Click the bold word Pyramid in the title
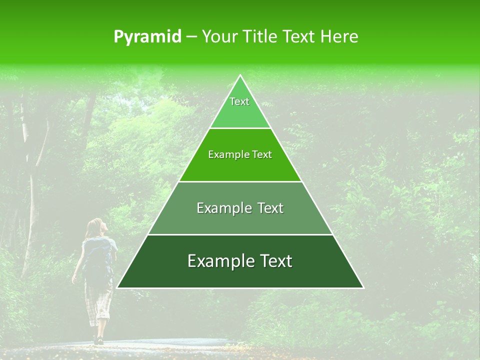tap(147, 37)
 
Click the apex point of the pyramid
tap(240, 75)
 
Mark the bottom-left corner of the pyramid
tap(118, 287)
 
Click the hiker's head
tap(95, 227)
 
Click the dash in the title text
tap(191, 37)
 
